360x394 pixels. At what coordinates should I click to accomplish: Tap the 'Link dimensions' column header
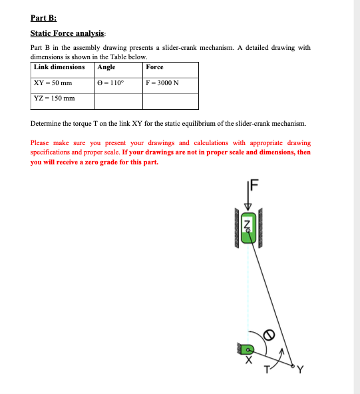[x=59, y=67]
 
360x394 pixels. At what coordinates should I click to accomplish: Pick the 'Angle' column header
[x=106, y=67]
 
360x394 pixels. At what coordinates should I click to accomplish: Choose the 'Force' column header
[x=154, y=67]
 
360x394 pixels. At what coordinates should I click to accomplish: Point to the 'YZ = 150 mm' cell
[x=54, y=99]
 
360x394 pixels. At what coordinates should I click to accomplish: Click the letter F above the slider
[x=254, y=185]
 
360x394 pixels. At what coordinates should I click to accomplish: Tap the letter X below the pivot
[x=249, y=363]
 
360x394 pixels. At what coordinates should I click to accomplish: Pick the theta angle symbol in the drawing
[x=271, y=334]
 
